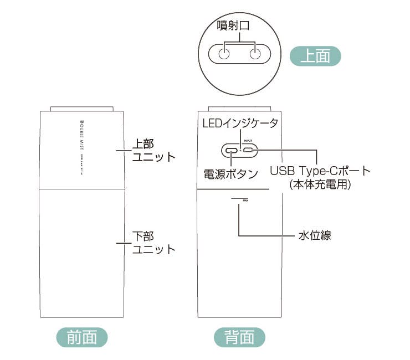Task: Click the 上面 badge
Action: [x=315, y=56]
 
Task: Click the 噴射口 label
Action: [x=239, y=26]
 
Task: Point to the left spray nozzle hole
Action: [x=224, y=54]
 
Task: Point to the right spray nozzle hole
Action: [x=255, y=54]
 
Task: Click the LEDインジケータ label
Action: [x=239, y=123]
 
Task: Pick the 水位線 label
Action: [x=315, y=236]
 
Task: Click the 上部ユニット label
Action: [x=153, y=150]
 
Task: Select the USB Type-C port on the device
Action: [x=249, y=150]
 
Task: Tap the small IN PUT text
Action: [x=248, y=141]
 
